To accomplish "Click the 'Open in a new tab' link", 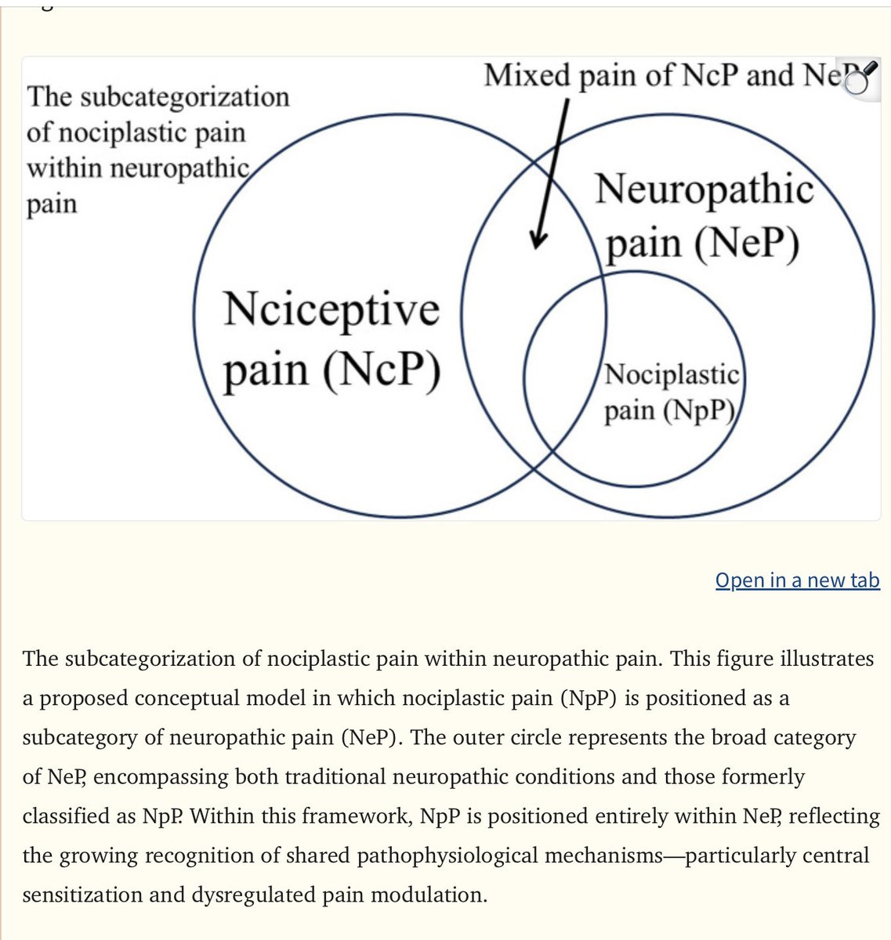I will point(797,580).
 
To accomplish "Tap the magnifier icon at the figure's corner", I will point(859,78).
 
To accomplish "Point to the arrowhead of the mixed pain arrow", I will point(537,241).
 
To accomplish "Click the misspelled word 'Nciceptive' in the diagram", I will point(331,310).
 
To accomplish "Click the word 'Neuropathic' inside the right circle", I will point(704,190).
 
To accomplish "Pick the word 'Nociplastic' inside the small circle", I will point(671,374).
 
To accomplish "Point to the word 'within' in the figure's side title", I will point(62,168).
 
